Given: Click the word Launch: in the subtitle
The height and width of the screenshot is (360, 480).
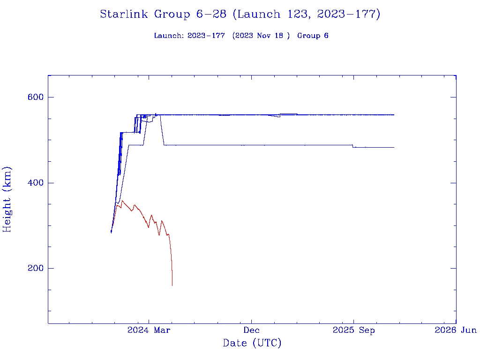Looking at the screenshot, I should (169, 36).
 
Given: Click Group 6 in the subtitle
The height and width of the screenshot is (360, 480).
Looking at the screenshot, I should (313, 36).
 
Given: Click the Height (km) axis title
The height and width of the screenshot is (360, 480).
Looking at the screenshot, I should (7, 199).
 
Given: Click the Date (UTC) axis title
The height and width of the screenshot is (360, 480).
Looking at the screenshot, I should (252, 343).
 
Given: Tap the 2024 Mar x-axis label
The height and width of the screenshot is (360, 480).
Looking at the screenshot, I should (149, 330).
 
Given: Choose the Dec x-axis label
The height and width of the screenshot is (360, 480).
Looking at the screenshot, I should (251, 330).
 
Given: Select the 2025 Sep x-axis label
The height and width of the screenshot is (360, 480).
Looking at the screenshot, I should (354, 330).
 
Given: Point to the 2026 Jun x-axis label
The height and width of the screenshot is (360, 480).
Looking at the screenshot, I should (456, 330).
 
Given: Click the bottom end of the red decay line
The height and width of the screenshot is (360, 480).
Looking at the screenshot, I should (172, 285).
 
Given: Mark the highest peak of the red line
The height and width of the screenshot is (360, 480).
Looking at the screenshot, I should (122, 201).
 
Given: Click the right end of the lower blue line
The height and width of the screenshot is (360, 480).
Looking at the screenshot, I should (394, 147).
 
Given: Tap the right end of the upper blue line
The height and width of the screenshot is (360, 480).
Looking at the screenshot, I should (394, 114).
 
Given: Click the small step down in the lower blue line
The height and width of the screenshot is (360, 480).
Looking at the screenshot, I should (353, 146).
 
